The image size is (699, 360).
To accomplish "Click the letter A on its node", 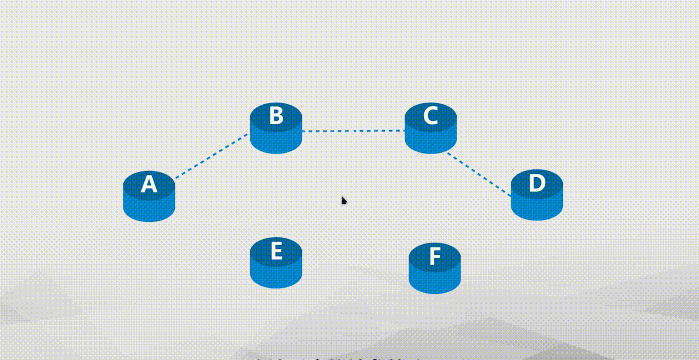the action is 149,184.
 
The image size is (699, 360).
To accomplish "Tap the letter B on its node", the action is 276,116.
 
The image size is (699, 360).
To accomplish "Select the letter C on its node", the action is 430,116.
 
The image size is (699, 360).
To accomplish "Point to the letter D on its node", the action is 537,183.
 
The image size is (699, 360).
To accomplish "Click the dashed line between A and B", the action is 212,156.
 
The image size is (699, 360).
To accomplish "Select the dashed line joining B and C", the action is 353,131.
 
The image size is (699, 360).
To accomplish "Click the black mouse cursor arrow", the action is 344,200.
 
